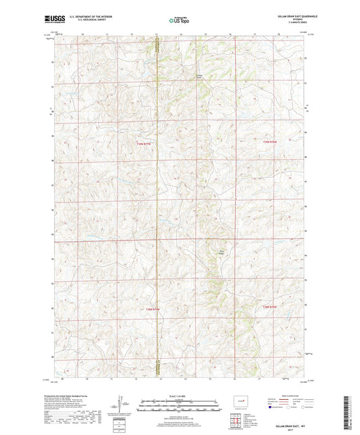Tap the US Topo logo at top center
point(179,20)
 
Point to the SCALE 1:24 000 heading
point(180,395)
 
